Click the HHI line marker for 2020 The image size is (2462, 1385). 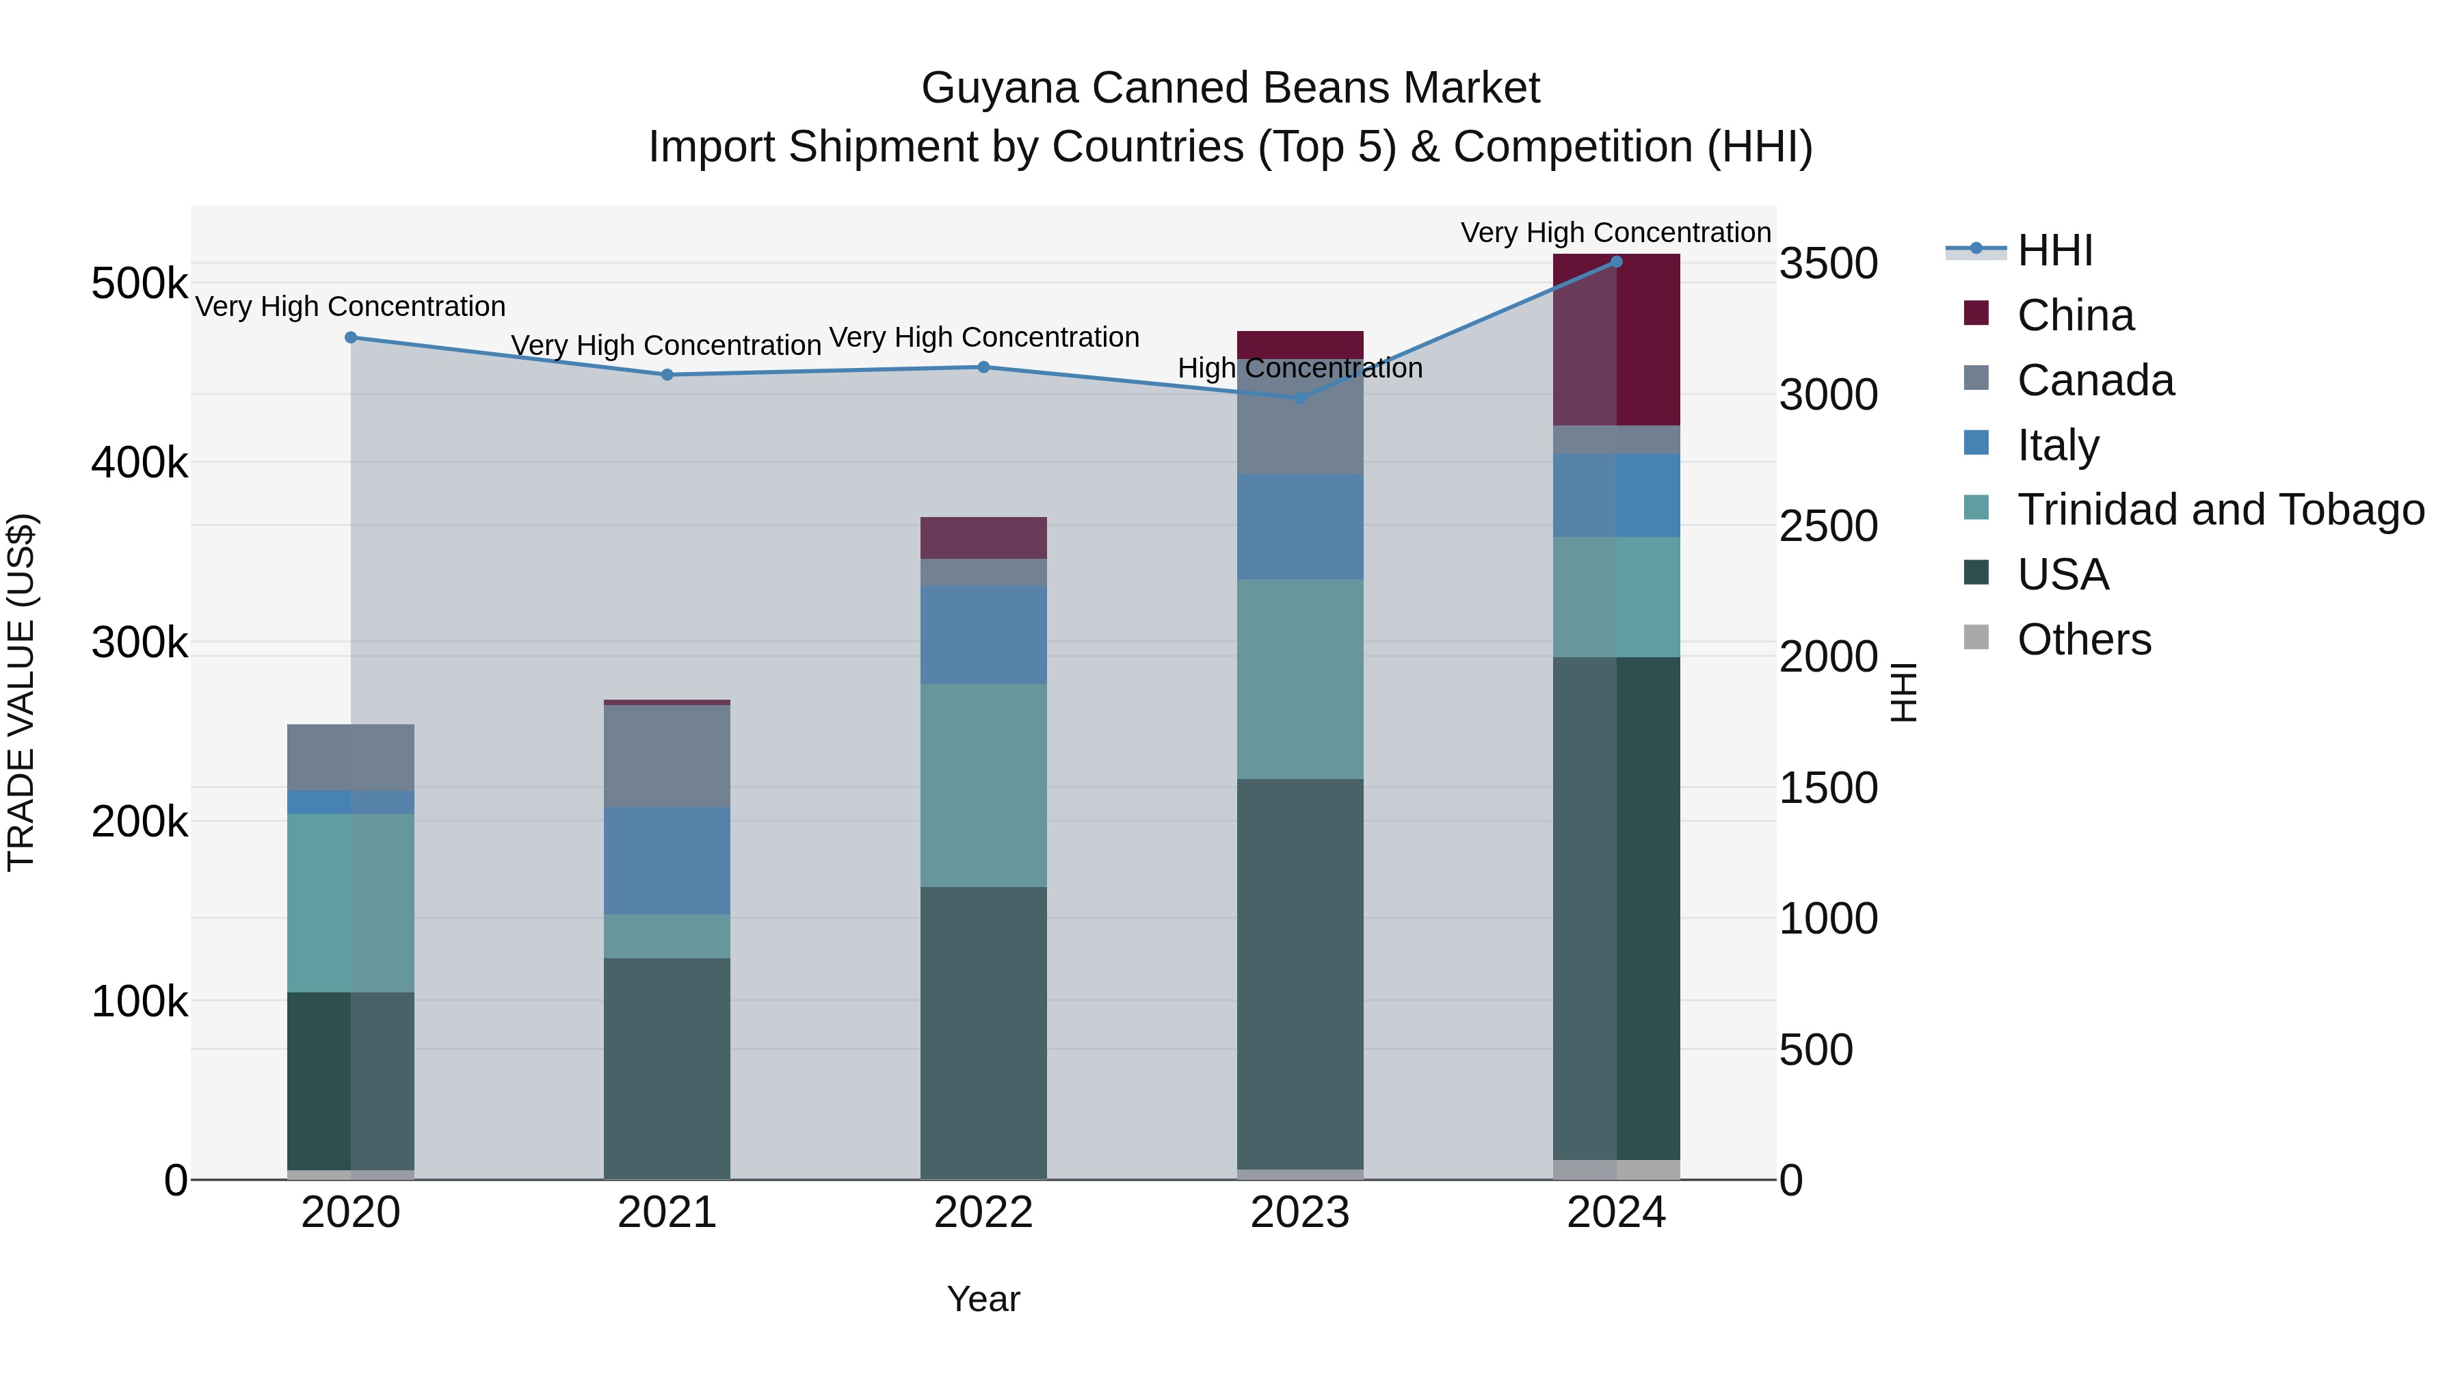click(x=351, y=337)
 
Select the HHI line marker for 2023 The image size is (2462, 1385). click(x=1300, y=397)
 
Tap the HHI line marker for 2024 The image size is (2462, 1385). click(x=1616, y=262)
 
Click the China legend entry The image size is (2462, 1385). click(x=2075, y=315)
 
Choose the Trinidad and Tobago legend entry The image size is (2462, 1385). click(x=2220, y=510)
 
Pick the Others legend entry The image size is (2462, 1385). click(x=2084, y=639)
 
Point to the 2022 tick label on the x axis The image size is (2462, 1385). click(x=983, y=1213)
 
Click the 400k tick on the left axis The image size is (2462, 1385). click(x=140, y=464)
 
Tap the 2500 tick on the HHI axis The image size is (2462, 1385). click(x=1828, y=526)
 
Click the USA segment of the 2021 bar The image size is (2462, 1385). click(x=667, y=1068)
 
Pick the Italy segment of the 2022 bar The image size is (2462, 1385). click(x=983, y=635)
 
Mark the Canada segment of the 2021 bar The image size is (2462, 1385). click(x=667, y=756)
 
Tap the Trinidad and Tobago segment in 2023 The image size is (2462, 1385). click(x=1300, y=678)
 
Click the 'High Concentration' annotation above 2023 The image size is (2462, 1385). click(x=1300, y=368)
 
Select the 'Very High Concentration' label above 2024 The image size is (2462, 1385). click(x=1615, y=233)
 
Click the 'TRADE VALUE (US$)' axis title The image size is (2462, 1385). click(x=21, y=692)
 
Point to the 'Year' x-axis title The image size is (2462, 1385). click(x=983, y=1299)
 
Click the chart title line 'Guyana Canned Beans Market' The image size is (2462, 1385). click(x=1230, y=88)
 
